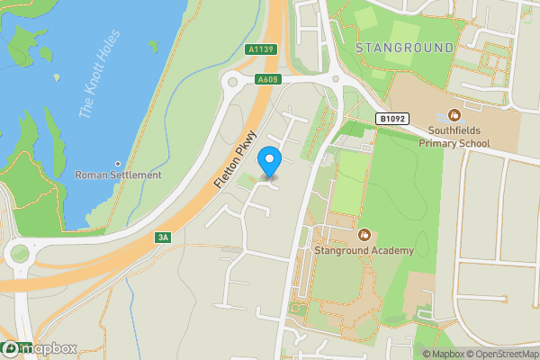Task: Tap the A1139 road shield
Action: [x=259, y=50]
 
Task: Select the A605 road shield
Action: [x=266, y=79]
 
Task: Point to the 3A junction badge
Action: [x=162, y=238]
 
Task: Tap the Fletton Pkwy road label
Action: [x=230, y=162]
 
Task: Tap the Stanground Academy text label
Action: [x=364, y=250]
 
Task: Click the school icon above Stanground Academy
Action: [x=364, y=234]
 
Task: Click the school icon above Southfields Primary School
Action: [x=454, y=114]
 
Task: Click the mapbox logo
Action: [x=39, y=348]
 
